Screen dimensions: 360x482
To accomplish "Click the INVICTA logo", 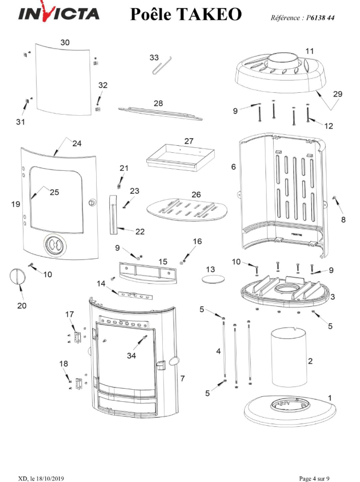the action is pyautogui.click(x=59, y=13).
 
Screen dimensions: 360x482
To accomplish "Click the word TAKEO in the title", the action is pyautogui.click(x=209, y=14).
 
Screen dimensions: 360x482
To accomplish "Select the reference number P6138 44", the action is pyautogui.click(x=320, y=18).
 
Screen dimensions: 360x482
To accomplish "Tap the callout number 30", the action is pyautogui.click(x=65, y=43).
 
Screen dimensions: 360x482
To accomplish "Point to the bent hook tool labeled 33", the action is pyautogui.click(x=162, y=65).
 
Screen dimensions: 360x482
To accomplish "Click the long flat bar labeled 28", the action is pyautogui.click(x=160, y=114).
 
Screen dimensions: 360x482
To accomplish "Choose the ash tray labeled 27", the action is pyautogui.click(x=180, y=157).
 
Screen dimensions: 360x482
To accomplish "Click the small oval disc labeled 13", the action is pyautogui.click(x=213, y=279).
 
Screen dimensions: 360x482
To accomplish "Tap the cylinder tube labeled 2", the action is pyautogui.click(x=288, y=357).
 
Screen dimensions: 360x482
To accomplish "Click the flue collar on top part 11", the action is pyautogui.click(x=283, y=60).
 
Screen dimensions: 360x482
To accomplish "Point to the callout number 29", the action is pyautogui.click(x=338, y=94).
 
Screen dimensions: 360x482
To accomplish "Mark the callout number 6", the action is pyautogui.click(x=234, y=166).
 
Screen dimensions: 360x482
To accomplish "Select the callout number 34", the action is pyautogui.click(x=132, y=356).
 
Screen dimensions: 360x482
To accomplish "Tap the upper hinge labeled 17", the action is pyautogui.click(x=77, y=337).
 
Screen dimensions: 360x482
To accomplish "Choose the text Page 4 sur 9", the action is pyautogui.click(x=314, y=479).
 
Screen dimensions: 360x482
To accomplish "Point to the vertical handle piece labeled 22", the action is pyautogui.click(x=113, y=215).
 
